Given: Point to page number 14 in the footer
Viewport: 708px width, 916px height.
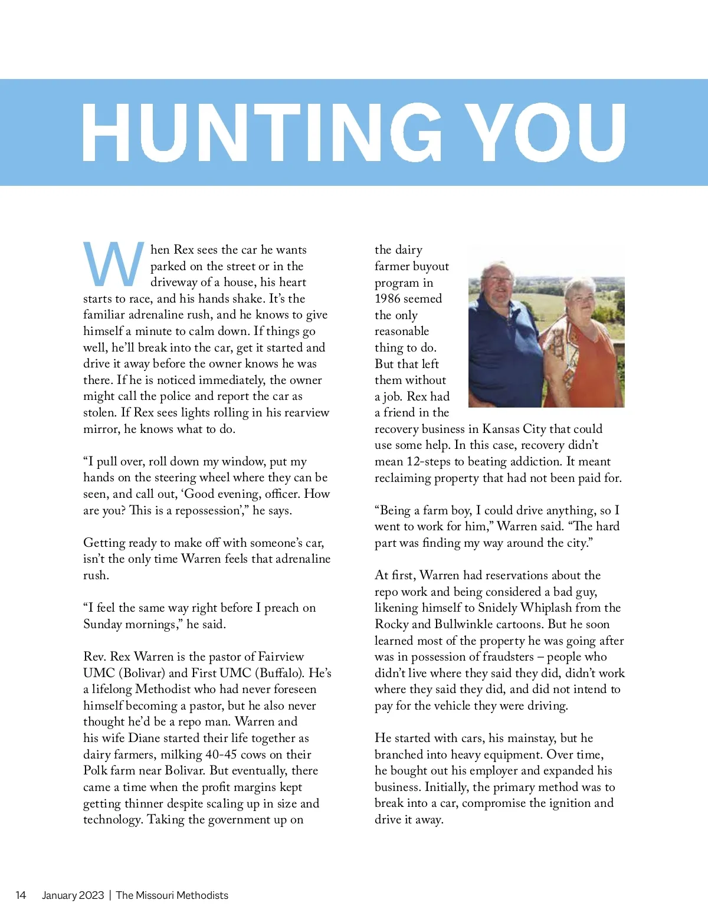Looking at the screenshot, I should (x=21, y=895).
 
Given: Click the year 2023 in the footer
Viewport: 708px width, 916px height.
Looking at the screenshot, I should (x=91, y=895).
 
